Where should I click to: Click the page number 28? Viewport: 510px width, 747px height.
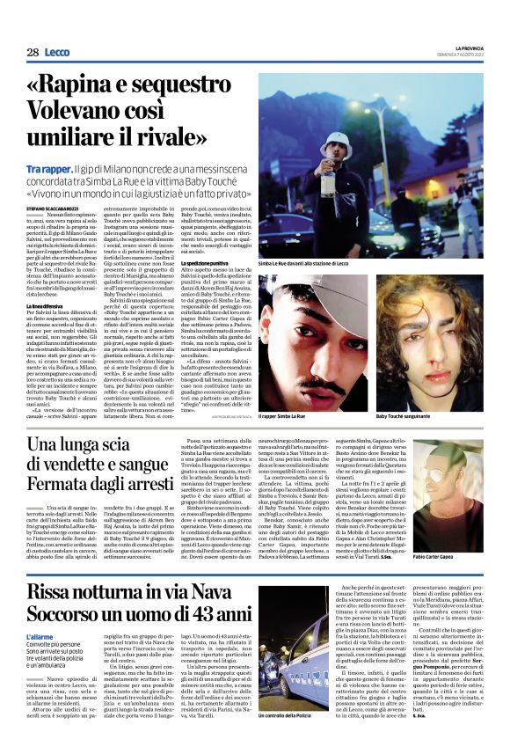pyautogui.click(x=32, y=54)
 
